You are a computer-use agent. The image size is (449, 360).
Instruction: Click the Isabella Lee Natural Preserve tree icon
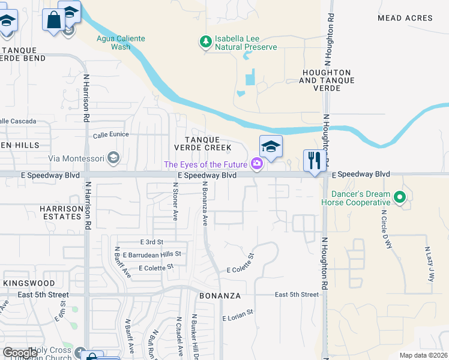click(206, 41)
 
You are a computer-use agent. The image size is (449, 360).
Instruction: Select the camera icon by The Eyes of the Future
click(257, 164)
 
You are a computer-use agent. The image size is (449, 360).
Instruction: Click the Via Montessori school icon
click(113, 158)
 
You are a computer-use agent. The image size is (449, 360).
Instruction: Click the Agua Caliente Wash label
click(121, 42)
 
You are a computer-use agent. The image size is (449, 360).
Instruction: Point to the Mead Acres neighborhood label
click(405, 18)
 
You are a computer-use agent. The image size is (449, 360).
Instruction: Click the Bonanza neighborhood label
click(220, 296)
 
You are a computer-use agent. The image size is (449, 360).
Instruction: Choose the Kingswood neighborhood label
click(29, 283)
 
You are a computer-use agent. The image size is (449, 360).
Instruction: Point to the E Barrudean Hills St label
click(152, 254)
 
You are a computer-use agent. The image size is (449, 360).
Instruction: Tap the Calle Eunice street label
click(110, 134)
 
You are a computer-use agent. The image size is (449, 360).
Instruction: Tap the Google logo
click(20, 353)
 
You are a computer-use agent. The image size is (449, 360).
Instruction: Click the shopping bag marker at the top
click(53, 20)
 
